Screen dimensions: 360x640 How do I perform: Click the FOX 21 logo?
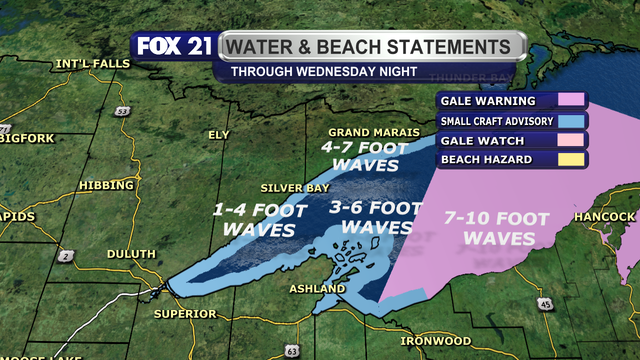pos(172,47)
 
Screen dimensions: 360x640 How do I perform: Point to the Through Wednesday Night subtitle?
pos(316,72)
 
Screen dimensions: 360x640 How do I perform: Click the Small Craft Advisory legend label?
pos(489,121)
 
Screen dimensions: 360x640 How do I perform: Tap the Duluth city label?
pos(131,254)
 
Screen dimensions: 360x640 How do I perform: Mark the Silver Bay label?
pos(290,188)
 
